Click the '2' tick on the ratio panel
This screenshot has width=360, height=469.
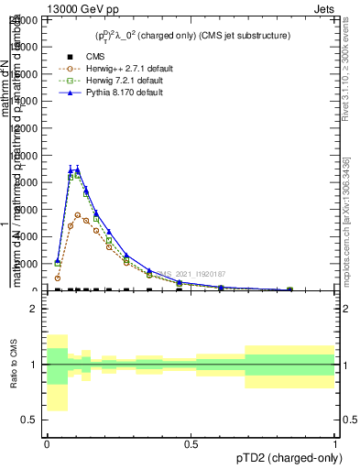pos(37,310)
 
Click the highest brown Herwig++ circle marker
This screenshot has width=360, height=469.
pos(78,214)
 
